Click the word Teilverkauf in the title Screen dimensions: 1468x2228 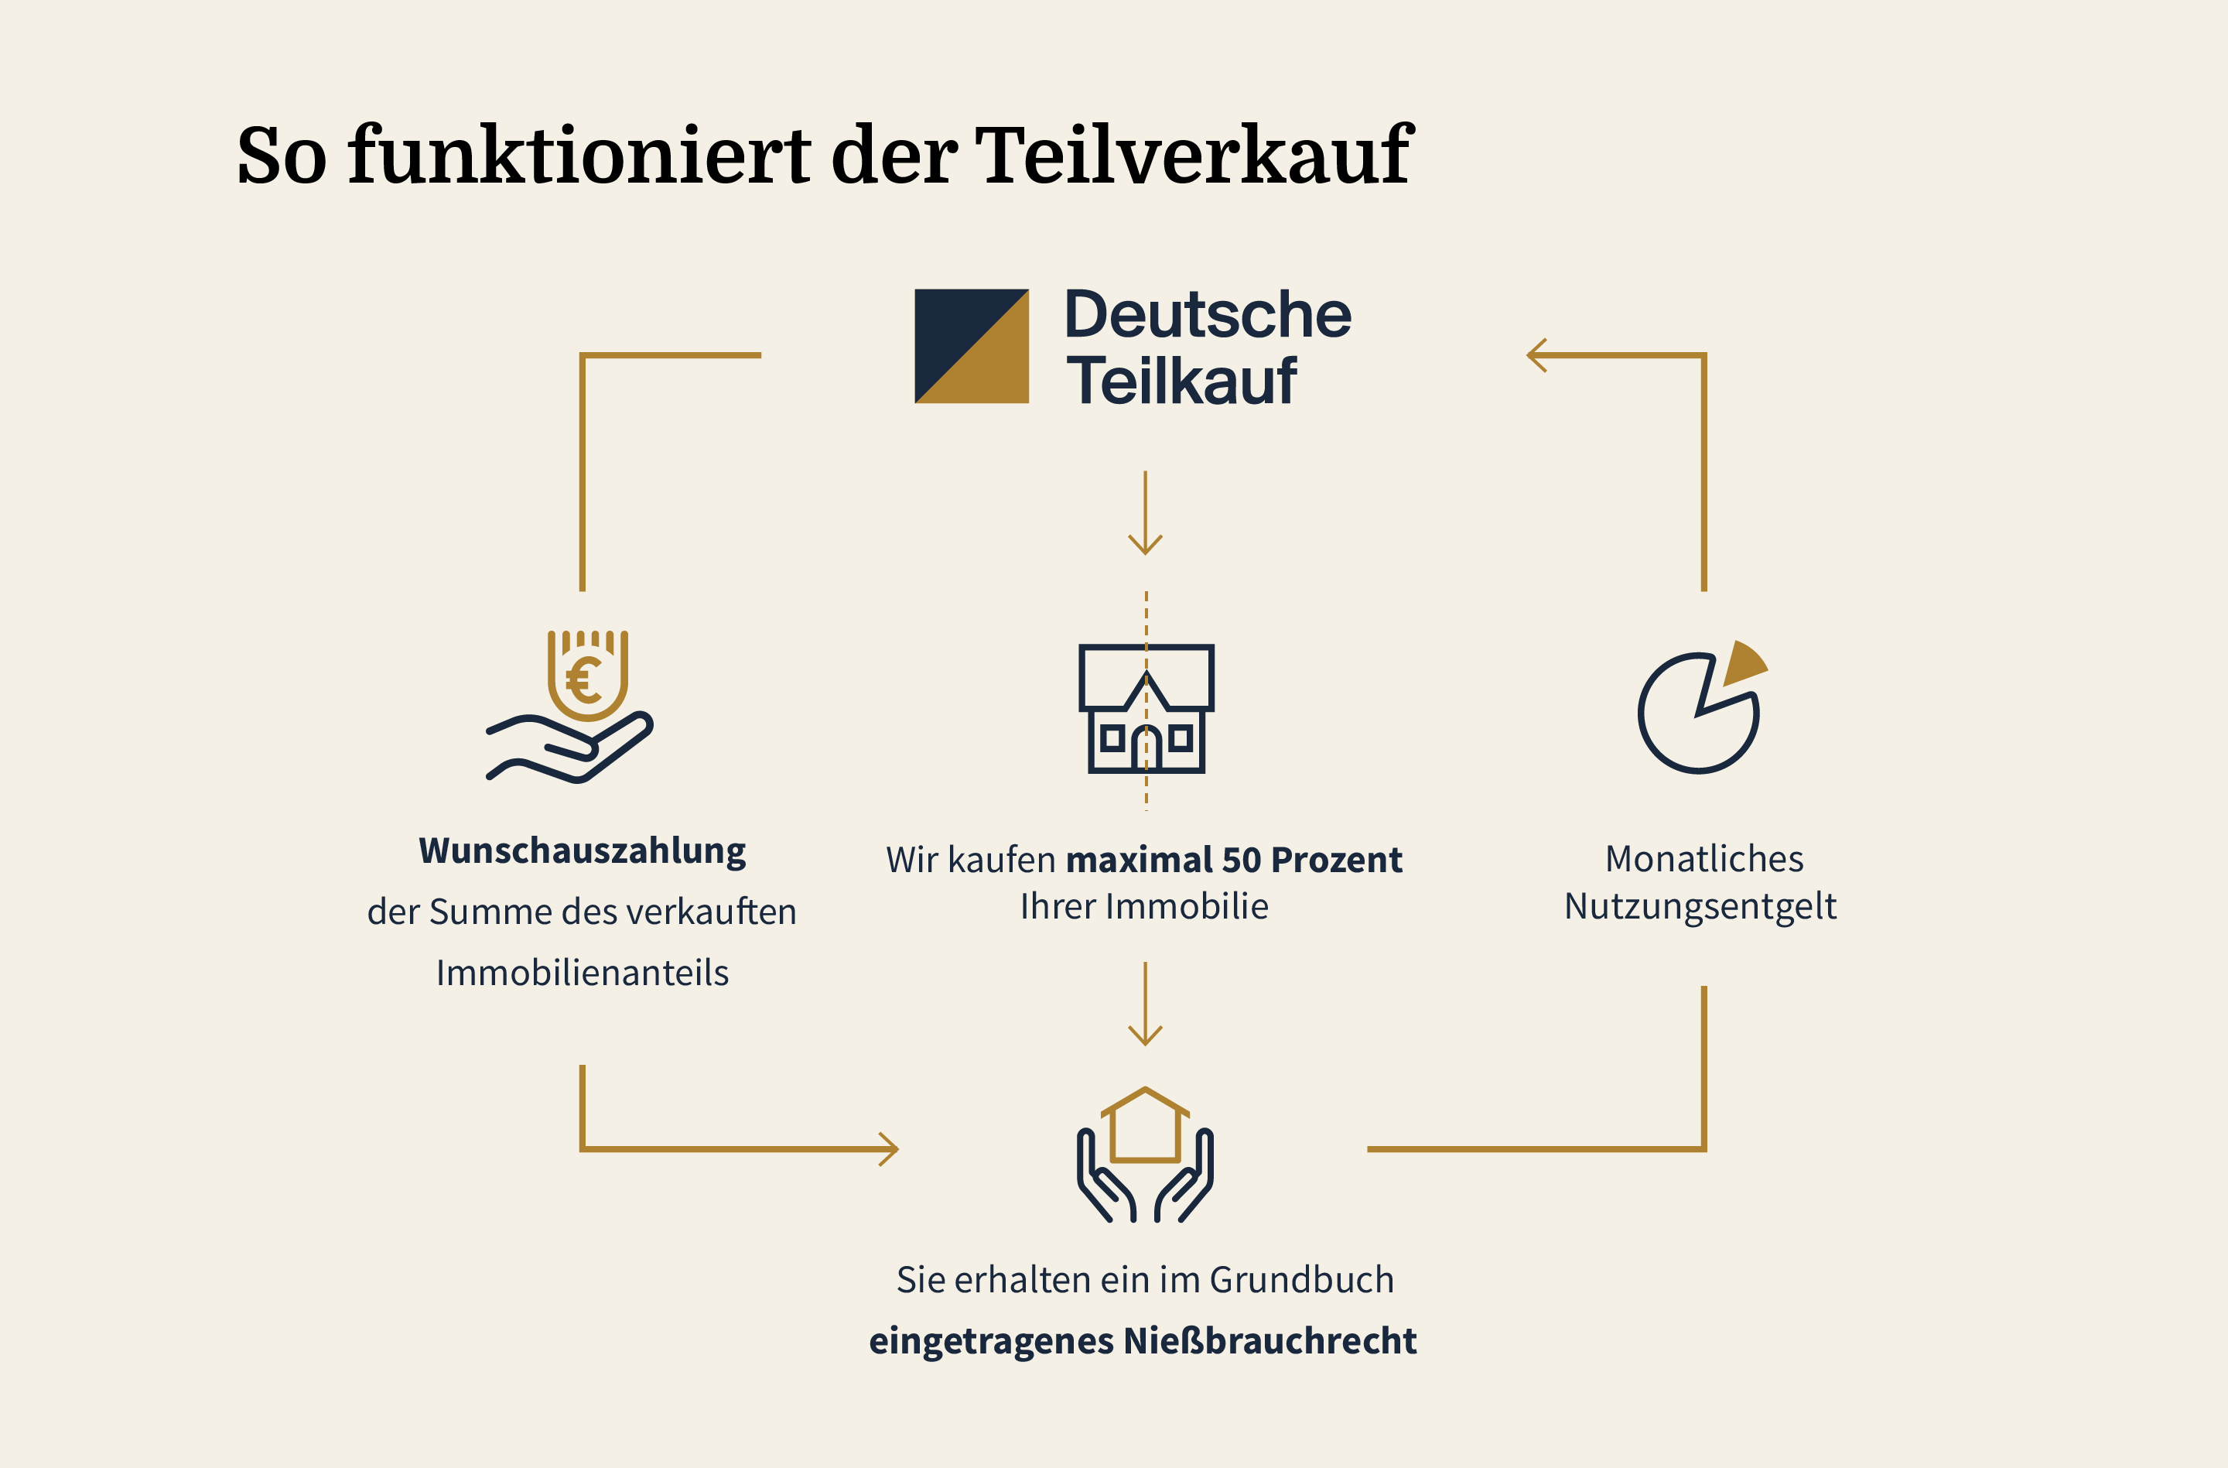1194,155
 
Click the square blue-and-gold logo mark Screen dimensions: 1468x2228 972,347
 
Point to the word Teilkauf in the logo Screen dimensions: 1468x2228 1181,382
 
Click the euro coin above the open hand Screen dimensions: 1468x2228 587,679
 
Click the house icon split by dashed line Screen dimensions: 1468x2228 1146,709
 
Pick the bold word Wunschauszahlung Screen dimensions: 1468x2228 583,851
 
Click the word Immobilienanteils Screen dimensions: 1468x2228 583,974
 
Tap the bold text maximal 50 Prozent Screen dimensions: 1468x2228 1234,861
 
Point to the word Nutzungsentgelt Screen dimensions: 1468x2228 1700,907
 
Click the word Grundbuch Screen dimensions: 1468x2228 1301,1281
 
